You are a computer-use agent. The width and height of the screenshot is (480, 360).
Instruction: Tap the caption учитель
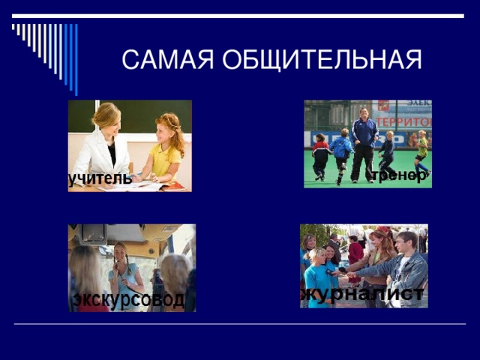100,178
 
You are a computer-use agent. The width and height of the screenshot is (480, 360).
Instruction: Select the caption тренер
400,174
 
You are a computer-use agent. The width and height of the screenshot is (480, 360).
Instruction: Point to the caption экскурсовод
128,300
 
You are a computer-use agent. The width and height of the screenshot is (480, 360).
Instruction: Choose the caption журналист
364,292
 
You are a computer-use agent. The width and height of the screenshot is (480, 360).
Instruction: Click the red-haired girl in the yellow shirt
166,146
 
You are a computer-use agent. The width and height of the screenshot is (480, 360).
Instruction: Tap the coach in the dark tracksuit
364,142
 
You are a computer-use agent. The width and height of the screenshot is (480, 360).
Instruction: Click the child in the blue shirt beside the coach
342,150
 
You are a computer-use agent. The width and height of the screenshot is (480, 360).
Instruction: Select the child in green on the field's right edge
422,150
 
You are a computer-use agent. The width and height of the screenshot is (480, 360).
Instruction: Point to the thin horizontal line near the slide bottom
240,324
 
